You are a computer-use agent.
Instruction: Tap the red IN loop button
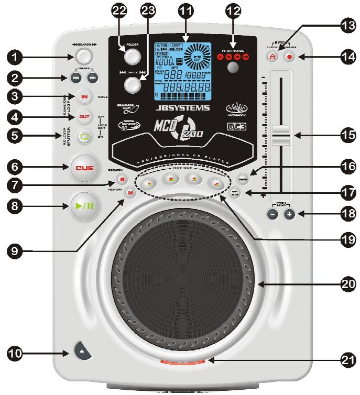(84, 96)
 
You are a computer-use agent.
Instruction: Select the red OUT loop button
(84, 116)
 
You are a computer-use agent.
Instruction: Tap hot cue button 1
(149, 184)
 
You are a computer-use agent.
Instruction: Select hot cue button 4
(214, 184)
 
